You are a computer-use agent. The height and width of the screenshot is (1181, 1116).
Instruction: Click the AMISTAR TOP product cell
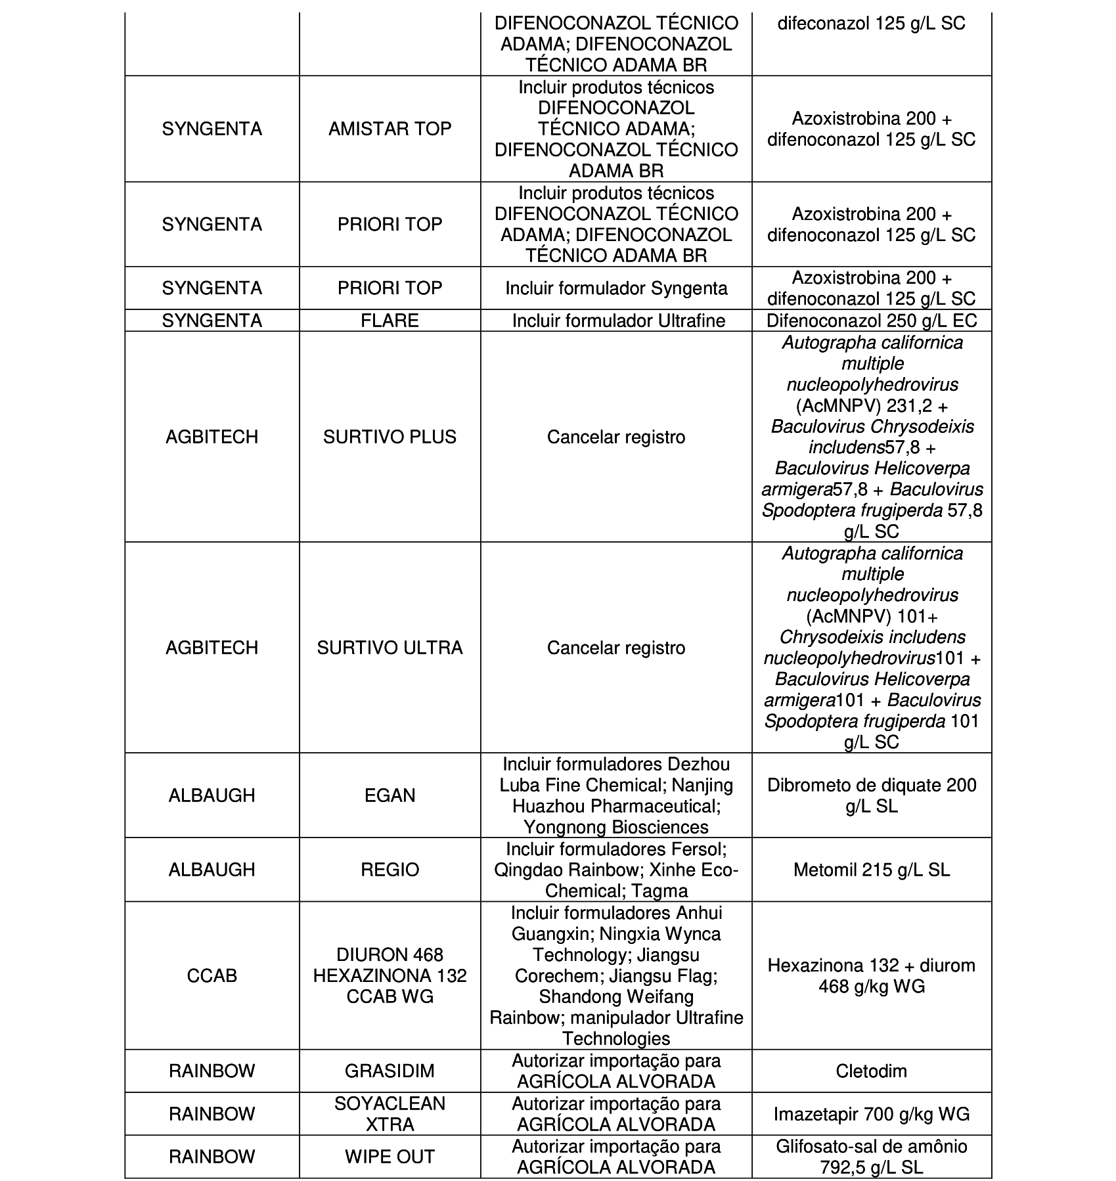coord(390,129)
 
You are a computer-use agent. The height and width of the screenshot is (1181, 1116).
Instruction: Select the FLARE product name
coord(390,321)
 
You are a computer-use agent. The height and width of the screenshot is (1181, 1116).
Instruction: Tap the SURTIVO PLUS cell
coord(390,437)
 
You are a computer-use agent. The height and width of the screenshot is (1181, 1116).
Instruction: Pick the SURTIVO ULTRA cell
coord(390,648)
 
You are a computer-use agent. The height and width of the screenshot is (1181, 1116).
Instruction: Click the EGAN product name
coord(390,795)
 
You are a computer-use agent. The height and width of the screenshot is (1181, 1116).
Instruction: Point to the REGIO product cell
coord(390,870)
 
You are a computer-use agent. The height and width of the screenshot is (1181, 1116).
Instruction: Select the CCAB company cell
coord(212,975)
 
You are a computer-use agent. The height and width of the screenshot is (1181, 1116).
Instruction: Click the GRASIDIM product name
coord(390,1071)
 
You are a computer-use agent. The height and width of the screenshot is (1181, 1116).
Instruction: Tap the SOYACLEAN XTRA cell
coord(390,1113)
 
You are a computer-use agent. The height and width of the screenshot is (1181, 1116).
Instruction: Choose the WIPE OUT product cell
coord(390,1156)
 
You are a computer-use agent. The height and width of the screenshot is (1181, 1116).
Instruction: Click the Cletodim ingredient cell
coord(871,1071)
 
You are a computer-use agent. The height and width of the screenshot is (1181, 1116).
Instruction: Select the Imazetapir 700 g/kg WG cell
coord(871,1113)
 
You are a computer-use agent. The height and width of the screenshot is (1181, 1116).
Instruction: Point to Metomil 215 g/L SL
coord(871,870)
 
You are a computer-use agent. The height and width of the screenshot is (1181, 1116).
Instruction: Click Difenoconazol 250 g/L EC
coord(871,321)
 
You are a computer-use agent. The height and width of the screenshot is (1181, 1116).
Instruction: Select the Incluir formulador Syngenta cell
coord(616,288)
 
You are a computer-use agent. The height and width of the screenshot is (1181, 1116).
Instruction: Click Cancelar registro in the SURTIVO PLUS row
coord(616,437)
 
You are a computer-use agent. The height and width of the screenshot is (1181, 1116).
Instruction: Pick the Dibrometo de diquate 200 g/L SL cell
coord(871,795)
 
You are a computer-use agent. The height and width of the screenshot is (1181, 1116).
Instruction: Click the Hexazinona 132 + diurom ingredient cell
coord(871,975)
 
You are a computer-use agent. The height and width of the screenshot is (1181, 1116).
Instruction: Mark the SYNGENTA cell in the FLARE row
coord(212,321)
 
